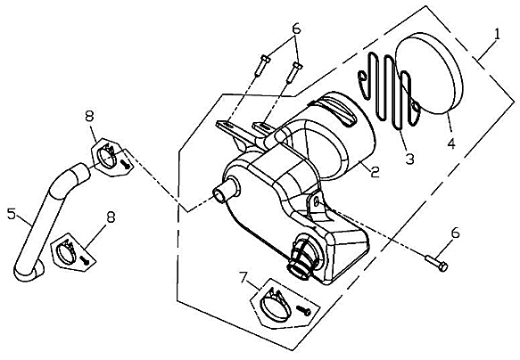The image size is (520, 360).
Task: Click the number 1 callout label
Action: tap(496, 35)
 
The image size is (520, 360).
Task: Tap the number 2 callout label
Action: tap(375, 172)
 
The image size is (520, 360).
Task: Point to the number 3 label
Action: tap(410, 160)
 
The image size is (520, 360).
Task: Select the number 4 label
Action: tap(451, 143)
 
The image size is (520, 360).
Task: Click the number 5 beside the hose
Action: tap(12, 214)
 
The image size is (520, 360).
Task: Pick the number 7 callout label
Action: tap(243, 278)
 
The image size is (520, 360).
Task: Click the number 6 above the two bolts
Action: tap(296, 29)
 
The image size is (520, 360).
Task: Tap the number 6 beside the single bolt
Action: tap(455, 233)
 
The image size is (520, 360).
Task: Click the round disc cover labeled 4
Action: tap(429, 73)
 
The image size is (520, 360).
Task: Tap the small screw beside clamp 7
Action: tap(303, 311)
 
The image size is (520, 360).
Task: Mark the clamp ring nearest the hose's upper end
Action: tap(107, 155)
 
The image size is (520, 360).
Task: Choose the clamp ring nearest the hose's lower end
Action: tap(67, 253)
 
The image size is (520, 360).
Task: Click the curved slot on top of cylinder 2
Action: tap(336, 112)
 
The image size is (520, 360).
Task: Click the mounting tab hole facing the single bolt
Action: tap(316, 201)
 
